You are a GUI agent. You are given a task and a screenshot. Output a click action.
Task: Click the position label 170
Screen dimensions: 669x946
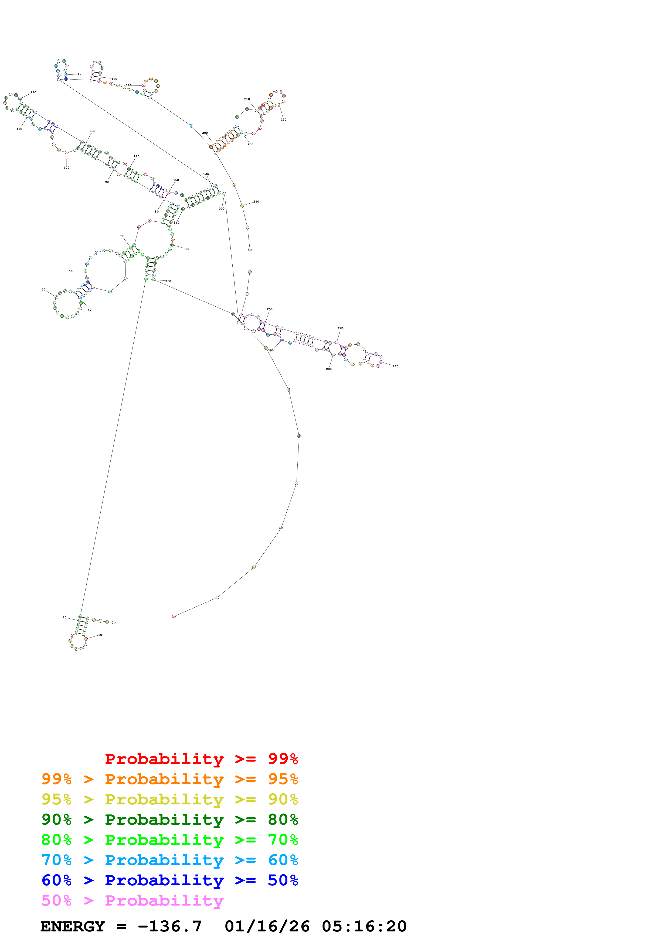tap(80, 74)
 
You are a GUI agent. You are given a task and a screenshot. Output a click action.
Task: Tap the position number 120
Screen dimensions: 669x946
tap(33, 92)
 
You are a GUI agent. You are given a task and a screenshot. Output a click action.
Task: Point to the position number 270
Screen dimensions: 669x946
tap(395, 366)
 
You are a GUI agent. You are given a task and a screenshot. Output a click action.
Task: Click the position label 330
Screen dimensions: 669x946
tap(168, 281)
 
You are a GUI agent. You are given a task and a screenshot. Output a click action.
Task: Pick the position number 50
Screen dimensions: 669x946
tap(43, 290)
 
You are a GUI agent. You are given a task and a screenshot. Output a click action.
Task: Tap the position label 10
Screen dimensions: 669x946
tap(100, 635)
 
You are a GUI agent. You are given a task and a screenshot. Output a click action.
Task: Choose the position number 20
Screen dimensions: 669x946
tap(64, 617)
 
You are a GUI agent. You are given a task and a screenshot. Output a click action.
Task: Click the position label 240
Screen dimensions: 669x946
tap(256, 201)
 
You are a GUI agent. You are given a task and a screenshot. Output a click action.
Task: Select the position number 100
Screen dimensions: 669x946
tap(66, 168)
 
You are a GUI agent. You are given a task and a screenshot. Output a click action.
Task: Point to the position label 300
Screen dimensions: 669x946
tap(222, 208)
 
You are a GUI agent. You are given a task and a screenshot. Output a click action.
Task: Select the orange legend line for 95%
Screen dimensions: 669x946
tap(169, 779)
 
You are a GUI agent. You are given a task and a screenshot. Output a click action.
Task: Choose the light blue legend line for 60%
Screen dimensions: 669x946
tap(169, 860)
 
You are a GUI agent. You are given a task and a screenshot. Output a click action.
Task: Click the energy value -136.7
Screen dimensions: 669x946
tap(170, 926)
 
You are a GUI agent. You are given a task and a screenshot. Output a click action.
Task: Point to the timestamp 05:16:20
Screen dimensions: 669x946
tap(364, 926)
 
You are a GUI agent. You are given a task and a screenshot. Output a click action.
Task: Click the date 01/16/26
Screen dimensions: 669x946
tap(267, 926)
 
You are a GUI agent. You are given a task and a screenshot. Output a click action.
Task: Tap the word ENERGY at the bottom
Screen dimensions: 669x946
tap(73, 926)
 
